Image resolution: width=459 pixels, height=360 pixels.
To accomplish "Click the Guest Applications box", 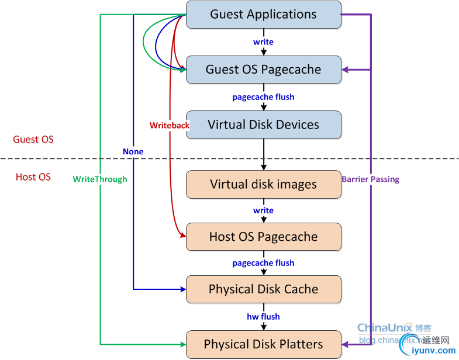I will pos(263,15).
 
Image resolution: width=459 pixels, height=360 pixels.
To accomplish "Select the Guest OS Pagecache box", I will pos(263,70).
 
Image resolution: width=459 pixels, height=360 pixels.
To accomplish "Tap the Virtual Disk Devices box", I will pos(263,124).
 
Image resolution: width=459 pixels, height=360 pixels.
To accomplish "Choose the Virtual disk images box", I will pos(263,184).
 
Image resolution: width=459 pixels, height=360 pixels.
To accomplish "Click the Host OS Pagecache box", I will pos(263,237).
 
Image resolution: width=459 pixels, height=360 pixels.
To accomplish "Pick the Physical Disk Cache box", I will pos(263,289).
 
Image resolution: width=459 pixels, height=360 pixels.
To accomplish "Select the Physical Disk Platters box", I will pos(263,344).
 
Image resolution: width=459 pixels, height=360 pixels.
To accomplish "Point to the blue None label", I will pos(133,151).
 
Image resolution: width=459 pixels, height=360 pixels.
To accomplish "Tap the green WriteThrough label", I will pos(100,179).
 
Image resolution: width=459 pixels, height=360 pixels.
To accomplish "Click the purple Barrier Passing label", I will pos(370,179).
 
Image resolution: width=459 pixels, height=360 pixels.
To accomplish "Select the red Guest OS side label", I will pos(33,140).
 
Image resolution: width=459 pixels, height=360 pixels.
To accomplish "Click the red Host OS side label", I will pos(33,176).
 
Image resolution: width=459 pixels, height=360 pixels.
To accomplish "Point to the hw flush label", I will pos(263,317).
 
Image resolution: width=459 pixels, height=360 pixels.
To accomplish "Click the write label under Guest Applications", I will pos(263,42).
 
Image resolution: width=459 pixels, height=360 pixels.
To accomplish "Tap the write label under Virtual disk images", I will pos(263,210).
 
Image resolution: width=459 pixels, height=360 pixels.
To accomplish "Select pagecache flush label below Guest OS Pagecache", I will pos(263,97).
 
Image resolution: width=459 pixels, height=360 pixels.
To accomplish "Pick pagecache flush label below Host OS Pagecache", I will pos(263,263).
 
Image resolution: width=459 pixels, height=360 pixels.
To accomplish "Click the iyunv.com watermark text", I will pos(433,351).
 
